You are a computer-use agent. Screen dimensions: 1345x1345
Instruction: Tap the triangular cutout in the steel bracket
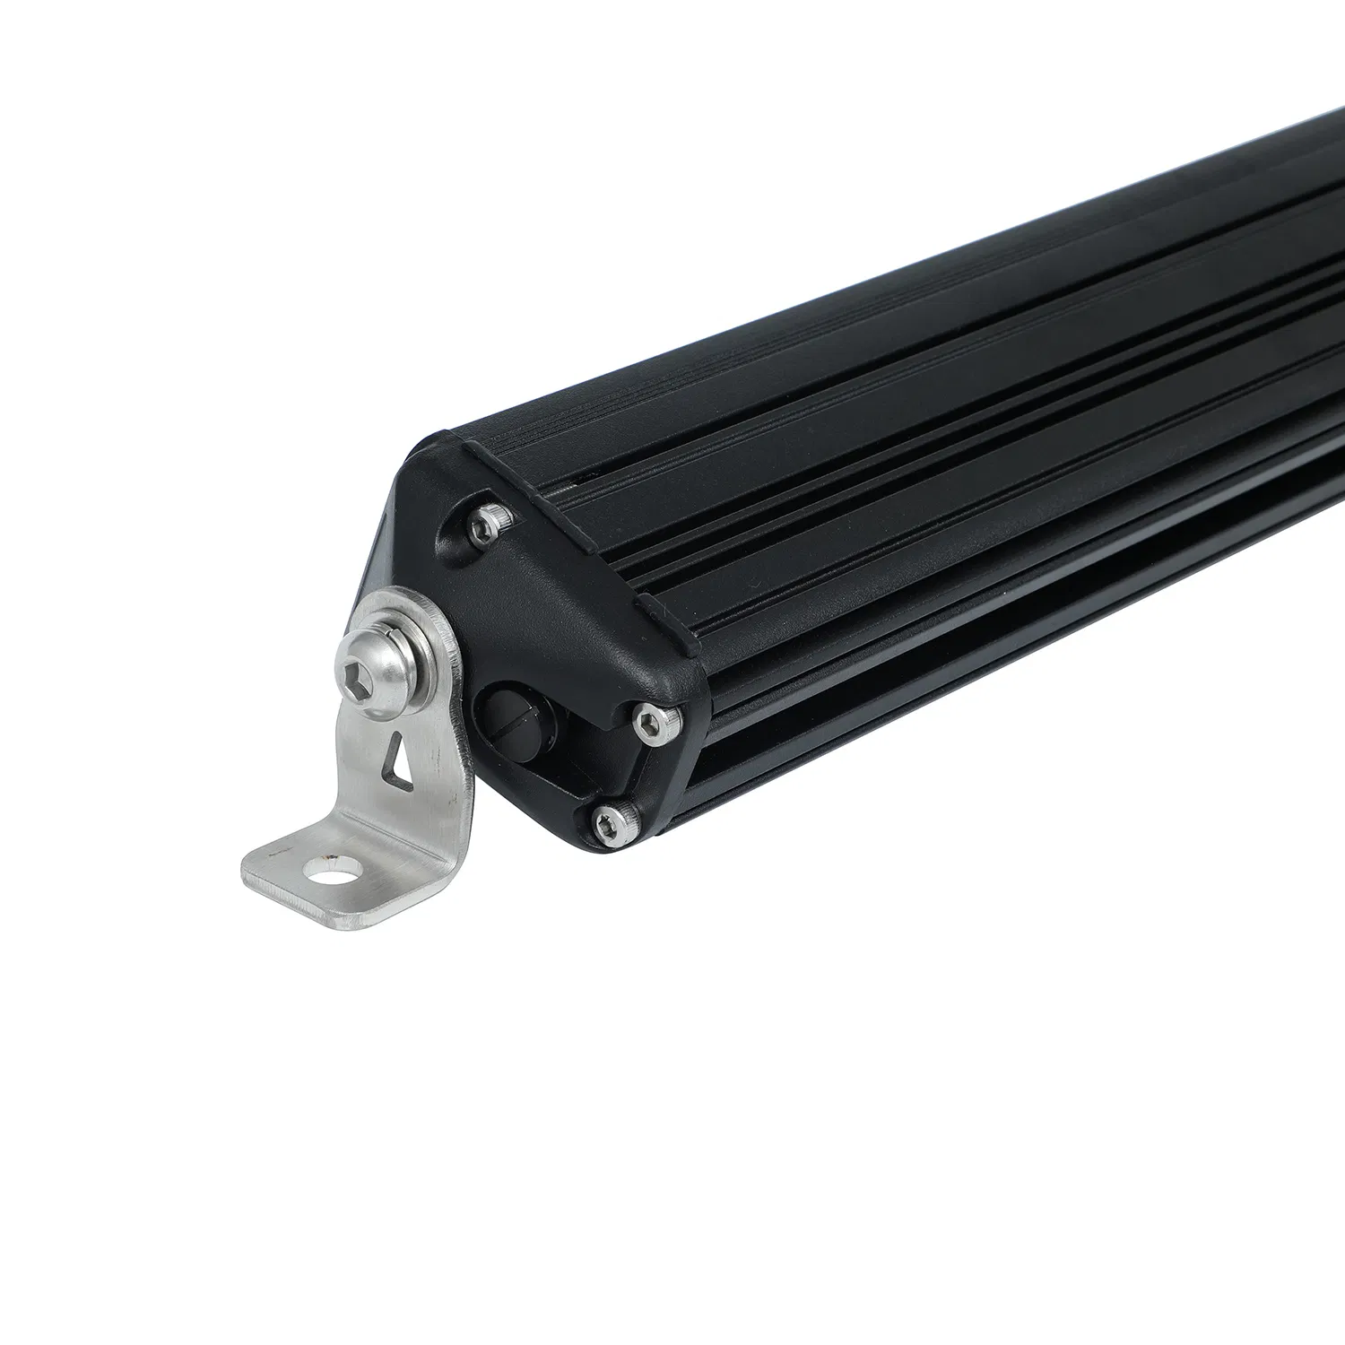click(395, 753)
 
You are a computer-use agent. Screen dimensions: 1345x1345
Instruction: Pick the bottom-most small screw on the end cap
click(614, 822)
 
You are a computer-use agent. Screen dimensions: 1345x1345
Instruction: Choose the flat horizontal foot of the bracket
click(305, 879)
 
